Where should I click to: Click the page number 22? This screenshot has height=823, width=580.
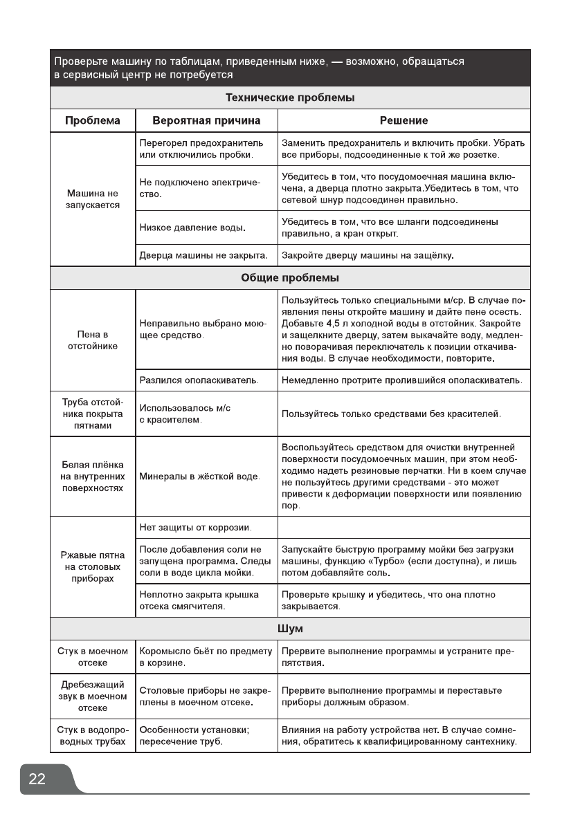coord(37,779)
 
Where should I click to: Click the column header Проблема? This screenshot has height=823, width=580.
coord(92,120)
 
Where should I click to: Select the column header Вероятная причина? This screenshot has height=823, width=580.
coord(206,120)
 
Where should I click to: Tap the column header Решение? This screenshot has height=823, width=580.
coord(404,120)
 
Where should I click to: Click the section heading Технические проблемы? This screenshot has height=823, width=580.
coord(290,98)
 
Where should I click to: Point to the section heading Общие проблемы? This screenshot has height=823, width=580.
coord(290,278)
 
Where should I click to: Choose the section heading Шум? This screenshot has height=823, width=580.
coord(290,629)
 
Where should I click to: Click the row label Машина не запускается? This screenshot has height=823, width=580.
coord(93,199)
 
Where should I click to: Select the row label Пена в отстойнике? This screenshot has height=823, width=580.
coord(93,340)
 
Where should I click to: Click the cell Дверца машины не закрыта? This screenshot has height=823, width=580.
coord(203,256)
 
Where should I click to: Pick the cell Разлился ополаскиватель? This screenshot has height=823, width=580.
coord(199,380)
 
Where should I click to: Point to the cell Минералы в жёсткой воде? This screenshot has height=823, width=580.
coord(200,477)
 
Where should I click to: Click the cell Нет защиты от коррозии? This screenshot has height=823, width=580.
coord(195,528)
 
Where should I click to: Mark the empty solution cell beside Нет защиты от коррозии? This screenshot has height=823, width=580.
coord(404,528)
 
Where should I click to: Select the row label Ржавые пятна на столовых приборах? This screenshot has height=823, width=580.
coord(93,566)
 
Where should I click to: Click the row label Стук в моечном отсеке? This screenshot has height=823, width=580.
coord(93,657)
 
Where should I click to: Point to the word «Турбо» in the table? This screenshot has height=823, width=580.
coord(422,561)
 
